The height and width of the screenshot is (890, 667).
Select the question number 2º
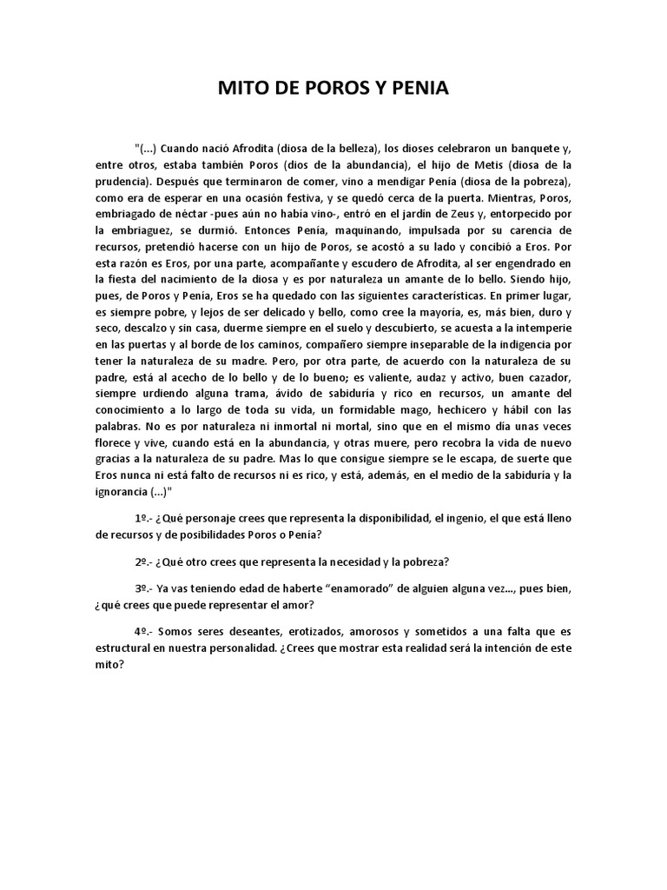coord(142,560)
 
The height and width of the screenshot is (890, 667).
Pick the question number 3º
coord(142,588)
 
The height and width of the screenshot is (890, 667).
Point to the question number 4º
coord(142,631)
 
